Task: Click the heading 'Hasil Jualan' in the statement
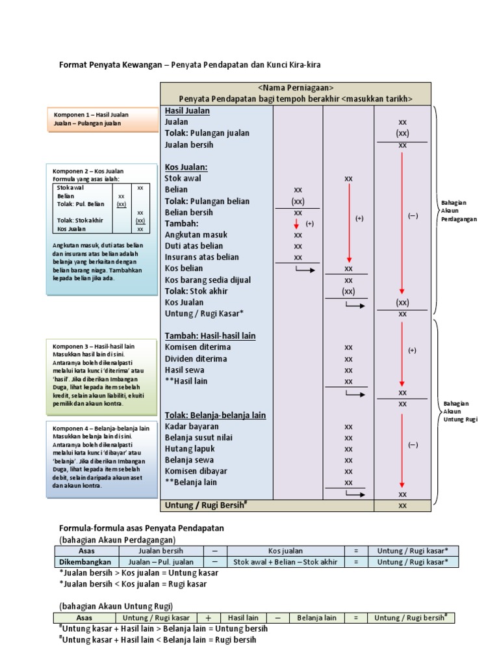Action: click(x=186, y=111)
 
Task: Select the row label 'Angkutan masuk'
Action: click(x=194, y=235)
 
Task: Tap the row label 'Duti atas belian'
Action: click(x=194, y=246)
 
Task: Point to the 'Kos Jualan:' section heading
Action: click(x=186, y=167)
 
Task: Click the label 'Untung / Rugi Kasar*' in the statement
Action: click(x=204, y=313)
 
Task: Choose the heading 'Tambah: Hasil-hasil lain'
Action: click(x=210, y=336)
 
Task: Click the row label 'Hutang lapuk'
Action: click(x=190, y=449)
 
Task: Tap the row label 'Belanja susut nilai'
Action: click(x=198, y=438)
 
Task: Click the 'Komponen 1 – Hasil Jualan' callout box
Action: click(x=102, y=118)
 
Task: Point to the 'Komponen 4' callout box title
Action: click(x=101, y=429)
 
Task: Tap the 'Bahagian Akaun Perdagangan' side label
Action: click(x=459, y=211)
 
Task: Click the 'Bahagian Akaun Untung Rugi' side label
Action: click(x=460, y=411)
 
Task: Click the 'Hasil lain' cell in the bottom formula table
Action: click(x=244, y=618)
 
